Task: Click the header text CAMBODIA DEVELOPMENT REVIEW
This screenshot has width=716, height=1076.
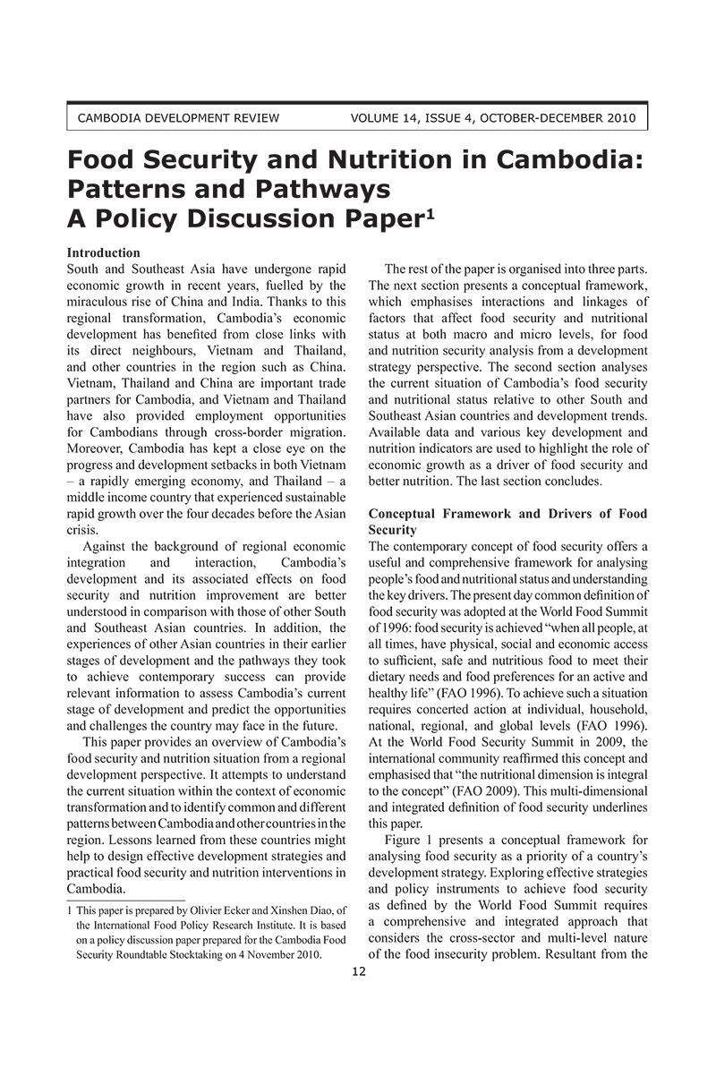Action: point(179,117)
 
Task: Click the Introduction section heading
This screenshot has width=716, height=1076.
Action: point(104,253)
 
